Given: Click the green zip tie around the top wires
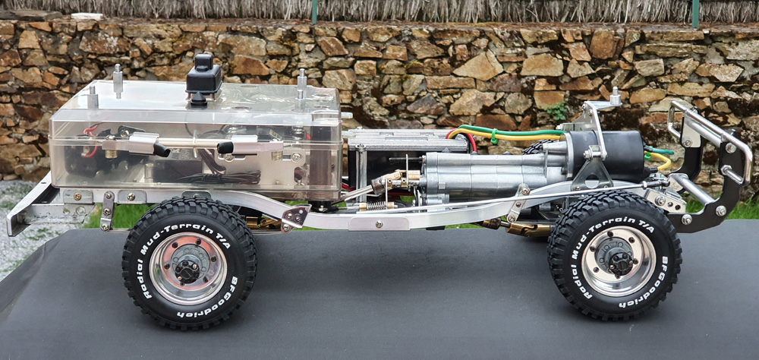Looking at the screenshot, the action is point(493,136).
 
